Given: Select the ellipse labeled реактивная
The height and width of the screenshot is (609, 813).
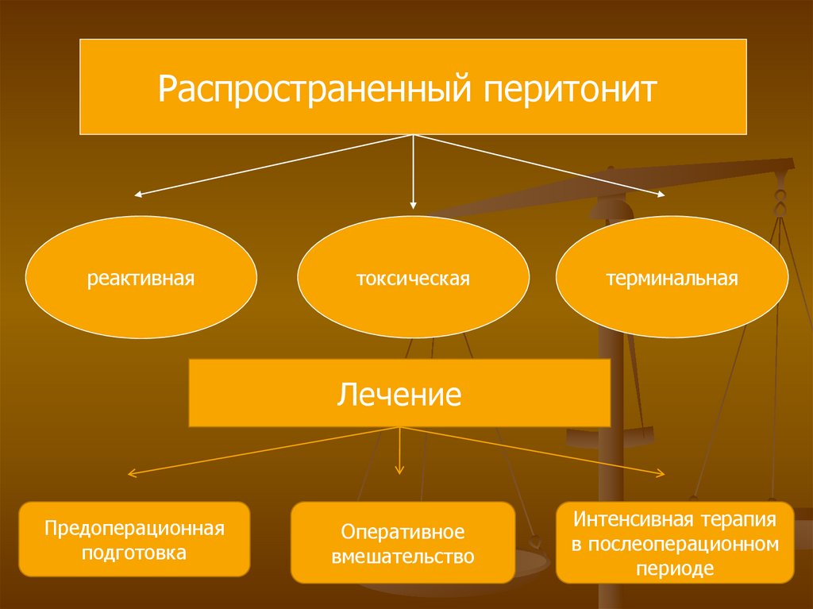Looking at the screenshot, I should coord(141,279).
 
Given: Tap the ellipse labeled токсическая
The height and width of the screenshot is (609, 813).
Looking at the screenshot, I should coord(413,279).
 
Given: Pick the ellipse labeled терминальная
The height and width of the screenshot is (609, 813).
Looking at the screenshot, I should coord(672,279).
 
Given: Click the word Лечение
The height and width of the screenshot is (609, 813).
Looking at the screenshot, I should coord(399,394).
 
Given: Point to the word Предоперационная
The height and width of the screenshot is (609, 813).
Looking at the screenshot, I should coord(135,528).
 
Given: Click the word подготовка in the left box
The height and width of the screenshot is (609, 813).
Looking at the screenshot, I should coord(135,552).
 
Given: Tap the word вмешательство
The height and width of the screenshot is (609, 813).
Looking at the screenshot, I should coord(403,556).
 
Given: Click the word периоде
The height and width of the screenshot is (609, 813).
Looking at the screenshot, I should coord(675,569).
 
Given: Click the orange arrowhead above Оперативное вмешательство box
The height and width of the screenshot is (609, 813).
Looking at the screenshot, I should coord(399,471).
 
